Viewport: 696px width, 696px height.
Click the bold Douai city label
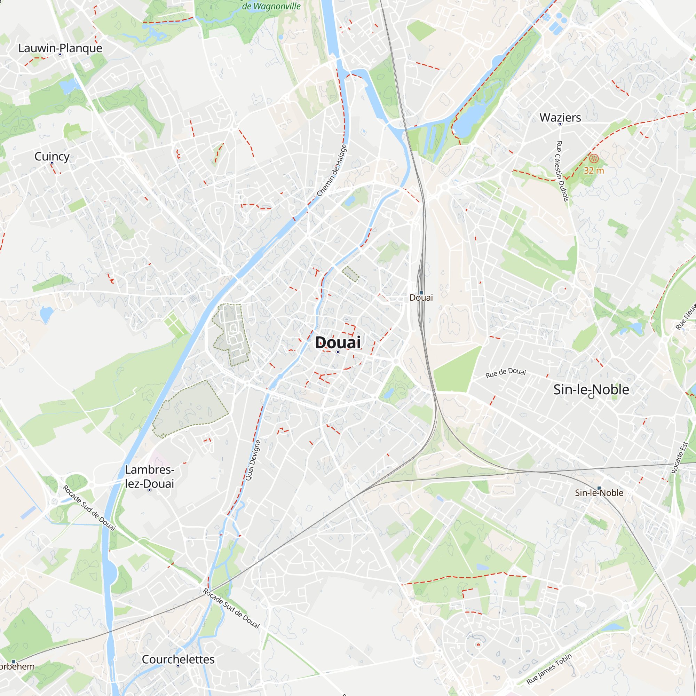[338, 342]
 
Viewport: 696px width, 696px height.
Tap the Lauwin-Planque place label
[60, 48]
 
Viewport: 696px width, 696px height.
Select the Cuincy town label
[52, 156]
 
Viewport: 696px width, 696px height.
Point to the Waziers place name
[560, 117]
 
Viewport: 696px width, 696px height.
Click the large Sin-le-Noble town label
[591, 389]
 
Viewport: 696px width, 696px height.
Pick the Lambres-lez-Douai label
[150, 476]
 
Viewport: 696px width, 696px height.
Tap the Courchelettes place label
[178, 659]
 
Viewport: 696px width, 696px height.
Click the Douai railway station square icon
[421, 293]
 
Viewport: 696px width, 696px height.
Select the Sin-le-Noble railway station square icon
[599, 488]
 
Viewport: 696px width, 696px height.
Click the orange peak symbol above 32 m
[594, 158]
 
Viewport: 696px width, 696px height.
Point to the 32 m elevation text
[594, 171]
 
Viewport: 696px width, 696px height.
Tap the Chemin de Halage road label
[332, 171]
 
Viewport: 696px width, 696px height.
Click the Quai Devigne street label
[253, 460]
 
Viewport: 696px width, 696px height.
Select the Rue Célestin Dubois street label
[562, 171]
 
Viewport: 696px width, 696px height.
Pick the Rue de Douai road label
[505, 373]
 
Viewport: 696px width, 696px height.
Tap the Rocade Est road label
[679, 458]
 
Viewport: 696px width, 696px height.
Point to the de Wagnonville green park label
[271, 6]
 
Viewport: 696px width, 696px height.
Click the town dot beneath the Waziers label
[560, 124]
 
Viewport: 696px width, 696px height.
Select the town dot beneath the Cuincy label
[52, 163]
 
